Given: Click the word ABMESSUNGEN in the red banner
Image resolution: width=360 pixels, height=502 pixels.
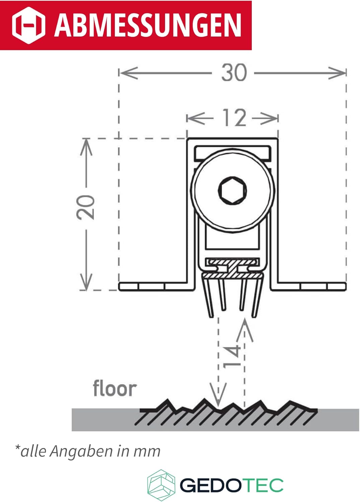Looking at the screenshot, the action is point(148,25).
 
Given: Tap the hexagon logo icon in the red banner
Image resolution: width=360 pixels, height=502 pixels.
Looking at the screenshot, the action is point(28,25).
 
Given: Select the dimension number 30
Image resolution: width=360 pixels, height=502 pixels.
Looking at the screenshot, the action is point(234,72).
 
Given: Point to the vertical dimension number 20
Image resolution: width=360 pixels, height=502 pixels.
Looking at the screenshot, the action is point(85,207).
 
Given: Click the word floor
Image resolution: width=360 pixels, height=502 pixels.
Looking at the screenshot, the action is point(115,388).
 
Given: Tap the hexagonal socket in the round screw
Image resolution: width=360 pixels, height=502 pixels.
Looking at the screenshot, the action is point(232,190).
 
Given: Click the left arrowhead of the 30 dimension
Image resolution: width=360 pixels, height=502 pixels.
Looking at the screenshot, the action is point(129,73).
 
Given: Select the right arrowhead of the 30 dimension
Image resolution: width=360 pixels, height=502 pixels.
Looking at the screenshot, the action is point(337,73).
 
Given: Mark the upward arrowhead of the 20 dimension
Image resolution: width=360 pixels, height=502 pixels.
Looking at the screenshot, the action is point(86,147).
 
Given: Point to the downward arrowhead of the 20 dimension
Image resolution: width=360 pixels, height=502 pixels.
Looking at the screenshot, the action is point(86,281).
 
